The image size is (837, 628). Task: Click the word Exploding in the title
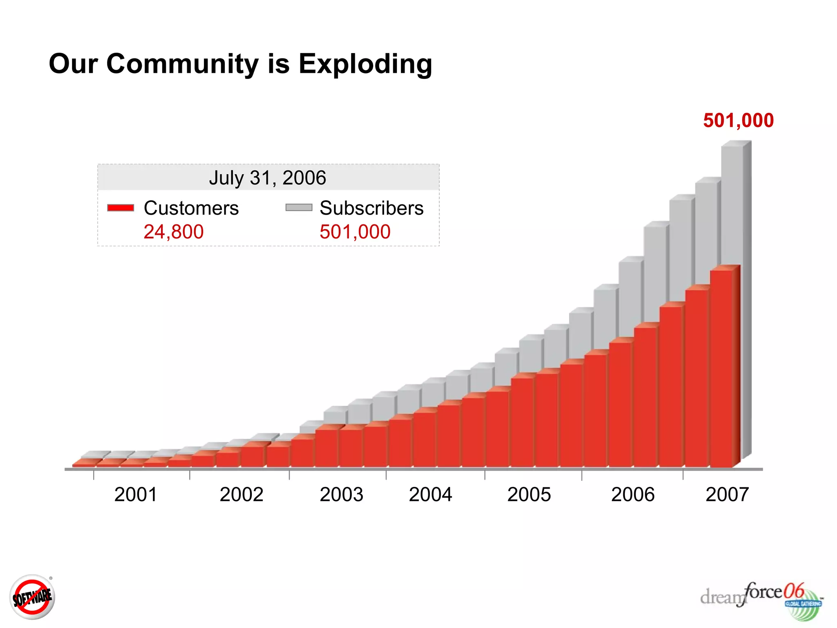(x=365, y=64)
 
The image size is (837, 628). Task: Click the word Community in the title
(x=182, y=64)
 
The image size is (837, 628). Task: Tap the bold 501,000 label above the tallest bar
(x=738, y=120)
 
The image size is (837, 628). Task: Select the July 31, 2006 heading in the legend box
(x=268, y=178)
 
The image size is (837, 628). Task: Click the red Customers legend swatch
(x=121, y=208)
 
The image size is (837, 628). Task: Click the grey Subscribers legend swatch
(x=299, y=208)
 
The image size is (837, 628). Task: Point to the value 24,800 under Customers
(x=174, y=232)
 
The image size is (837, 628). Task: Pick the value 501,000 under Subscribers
(x=355, y=232)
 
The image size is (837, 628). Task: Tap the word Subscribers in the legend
(x=372, y=208)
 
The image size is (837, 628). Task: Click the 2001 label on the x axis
(x=136, y=494)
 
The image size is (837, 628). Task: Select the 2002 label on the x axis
(x=241, y=494)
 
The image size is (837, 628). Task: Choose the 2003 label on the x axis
(x=341, y=494)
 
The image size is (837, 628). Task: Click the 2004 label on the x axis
(x=430, y=494)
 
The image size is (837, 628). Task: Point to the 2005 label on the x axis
(x=529, y=494)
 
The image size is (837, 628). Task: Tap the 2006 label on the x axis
(x=633, y=494)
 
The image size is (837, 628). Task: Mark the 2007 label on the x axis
(x=727, y=494)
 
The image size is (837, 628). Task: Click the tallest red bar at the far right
(x=721, y=368)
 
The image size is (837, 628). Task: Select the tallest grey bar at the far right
(x=732, y=204)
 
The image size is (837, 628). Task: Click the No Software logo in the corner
(x=32, y=597)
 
